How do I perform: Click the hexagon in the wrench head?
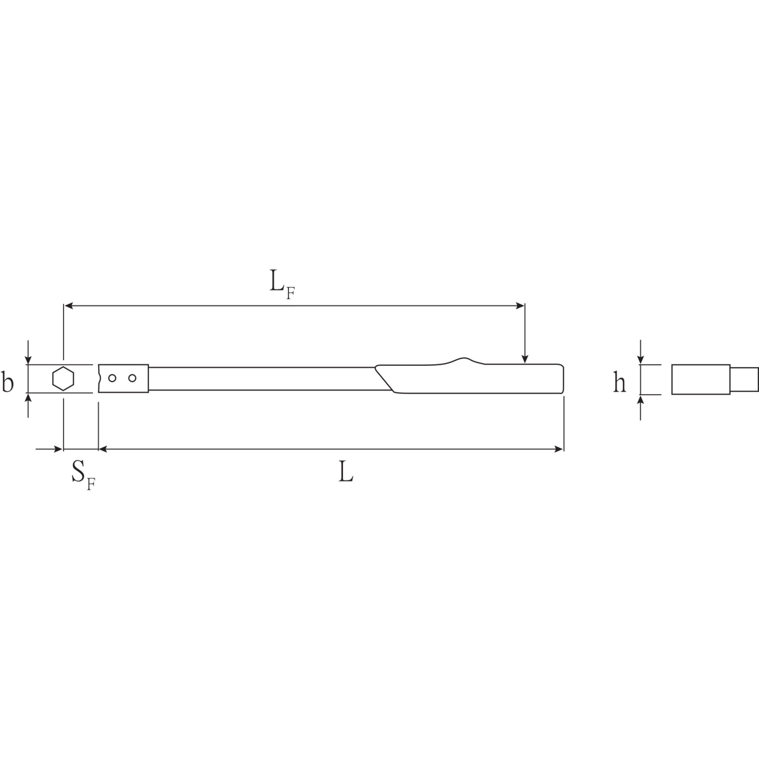63,378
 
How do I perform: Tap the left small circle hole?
112,378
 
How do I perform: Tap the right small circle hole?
132,378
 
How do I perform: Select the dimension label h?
619,383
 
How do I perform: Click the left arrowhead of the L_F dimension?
69,305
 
